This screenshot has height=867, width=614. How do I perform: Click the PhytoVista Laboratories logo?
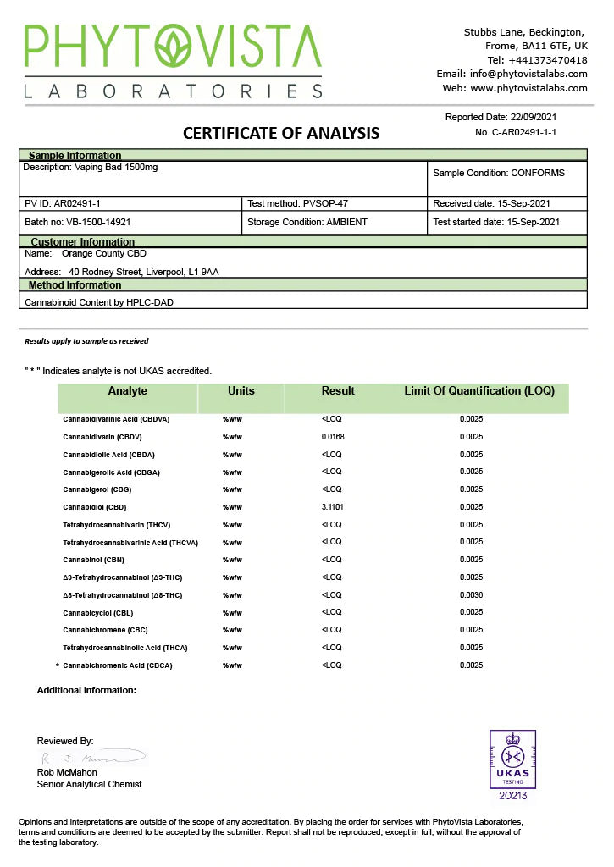173,60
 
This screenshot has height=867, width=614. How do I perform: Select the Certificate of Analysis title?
281,133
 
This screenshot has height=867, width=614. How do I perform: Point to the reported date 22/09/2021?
534,117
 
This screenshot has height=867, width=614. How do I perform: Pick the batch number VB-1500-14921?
100,222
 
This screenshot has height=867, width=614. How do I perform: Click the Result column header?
338,391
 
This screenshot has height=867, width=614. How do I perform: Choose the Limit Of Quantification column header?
479,391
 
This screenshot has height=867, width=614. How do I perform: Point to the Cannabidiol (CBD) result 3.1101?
333,507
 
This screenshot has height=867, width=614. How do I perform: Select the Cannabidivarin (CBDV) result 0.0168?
333,437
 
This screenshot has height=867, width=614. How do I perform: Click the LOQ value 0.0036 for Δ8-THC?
472,595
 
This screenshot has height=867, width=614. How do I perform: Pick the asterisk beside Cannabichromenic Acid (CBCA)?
57,666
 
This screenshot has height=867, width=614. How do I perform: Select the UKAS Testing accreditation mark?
513,765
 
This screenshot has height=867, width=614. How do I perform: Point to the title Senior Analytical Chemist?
89,784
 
